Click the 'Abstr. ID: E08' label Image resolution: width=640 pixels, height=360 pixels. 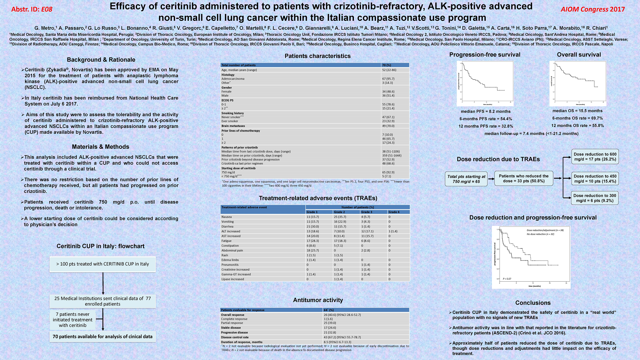32,9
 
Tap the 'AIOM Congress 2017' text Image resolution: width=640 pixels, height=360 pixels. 593,9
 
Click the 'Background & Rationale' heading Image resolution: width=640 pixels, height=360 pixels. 101,60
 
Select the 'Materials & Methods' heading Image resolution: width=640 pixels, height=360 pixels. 100,147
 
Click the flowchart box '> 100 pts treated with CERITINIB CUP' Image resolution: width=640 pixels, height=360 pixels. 103,264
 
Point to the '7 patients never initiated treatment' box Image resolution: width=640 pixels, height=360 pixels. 73,320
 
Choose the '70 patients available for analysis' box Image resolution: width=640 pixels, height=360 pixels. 102,337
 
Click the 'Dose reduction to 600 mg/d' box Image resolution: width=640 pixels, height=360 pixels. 595,156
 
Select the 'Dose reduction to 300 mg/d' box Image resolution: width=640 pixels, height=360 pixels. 595,198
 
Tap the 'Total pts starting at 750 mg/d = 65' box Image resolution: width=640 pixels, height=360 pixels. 466,179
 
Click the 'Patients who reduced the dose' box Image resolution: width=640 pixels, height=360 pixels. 524,178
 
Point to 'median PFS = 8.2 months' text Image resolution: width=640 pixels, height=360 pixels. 485,111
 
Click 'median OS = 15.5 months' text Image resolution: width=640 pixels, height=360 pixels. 577,111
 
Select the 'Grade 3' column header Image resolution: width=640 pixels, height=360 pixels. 367,212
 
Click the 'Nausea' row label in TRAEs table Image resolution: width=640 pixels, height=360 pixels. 227,217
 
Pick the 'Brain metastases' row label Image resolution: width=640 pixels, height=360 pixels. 233,126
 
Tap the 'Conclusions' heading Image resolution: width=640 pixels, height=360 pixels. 533,303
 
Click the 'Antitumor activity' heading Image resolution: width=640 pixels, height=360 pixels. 318,300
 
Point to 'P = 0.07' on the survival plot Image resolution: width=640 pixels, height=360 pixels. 507,279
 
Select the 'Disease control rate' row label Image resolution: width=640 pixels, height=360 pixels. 235,337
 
